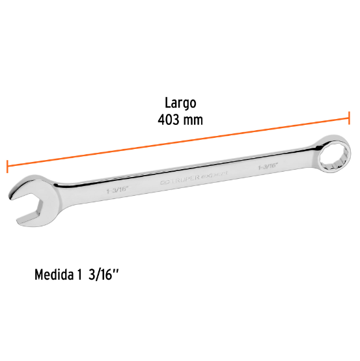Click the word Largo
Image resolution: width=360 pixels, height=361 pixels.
tap(180, 103)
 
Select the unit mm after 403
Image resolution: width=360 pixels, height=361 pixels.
tap(193, 120)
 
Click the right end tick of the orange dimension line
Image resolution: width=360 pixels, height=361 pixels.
tap(350, 118)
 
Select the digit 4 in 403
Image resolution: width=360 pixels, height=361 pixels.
tap(161, 120)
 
